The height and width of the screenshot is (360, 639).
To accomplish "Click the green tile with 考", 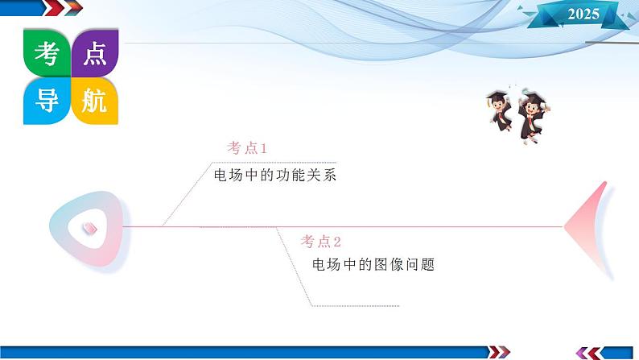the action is coord(47,53).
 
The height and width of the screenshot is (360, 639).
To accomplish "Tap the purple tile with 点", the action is coord(95,53).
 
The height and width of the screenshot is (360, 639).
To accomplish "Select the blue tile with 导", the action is coord(47,101).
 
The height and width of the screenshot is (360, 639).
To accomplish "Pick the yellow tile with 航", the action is coord(95,101).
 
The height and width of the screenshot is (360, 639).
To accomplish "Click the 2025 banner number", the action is coord(583,14).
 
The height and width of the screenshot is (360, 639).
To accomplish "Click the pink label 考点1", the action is coord(247,148).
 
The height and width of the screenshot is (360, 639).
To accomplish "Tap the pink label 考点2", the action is coord(321,242).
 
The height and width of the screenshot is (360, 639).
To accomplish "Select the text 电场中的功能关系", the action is coord(275,176).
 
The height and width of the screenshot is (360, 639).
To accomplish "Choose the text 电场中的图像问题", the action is coord(373,265).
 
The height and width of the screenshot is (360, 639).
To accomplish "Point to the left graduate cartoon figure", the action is coord(500,111).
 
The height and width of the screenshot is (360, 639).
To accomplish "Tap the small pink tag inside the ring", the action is coord(89,228).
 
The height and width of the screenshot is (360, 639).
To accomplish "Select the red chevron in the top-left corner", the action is coord(55,7).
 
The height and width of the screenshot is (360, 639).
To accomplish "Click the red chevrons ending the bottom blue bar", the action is coord(499,352).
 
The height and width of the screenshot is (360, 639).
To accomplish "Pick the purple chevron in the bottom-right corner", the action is coord(582,353).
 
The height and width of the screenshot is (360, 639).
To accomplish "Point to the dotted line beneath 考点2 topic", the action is coord(355,306).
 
